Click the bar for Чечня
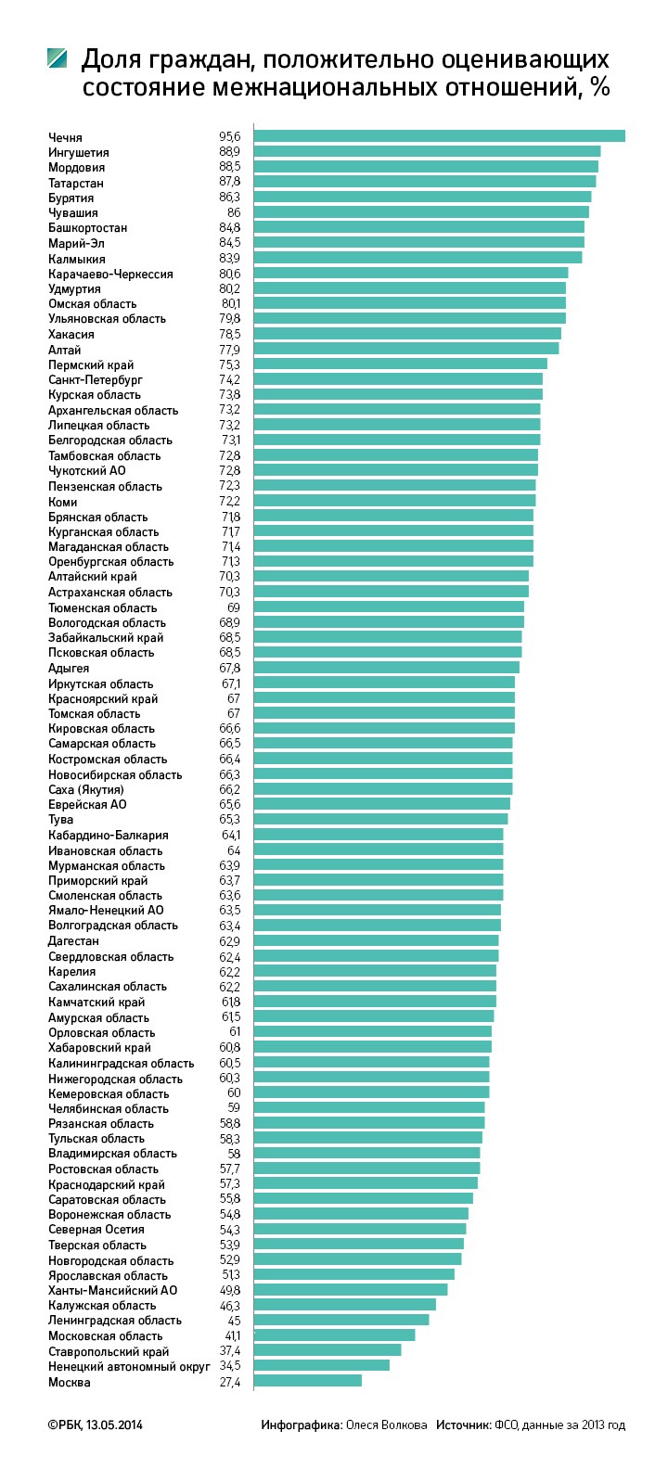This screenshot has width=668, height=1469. [439, 135]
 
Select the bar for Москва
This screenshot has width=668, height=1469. [308, 1381]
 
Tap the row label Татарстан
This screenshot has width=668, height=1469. [76, 183]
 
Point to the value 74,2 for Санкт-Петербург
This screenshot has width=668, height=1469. [230, 379]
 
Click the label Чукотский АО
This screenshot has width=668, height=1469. [86, 470]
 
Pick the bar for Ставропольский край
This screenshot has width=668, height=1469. [328, 1349]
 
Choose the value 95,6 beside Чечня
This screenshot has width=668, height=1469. [230, 136]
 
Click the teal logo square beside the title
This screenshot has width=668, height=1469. [58, 57]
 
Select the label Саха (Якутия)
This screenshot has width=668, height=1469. [86, 789]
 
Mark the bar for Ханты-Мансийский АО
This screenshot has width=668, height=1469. [351, 1289]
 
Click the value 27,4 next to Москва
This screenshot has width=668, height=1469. [230, 1382]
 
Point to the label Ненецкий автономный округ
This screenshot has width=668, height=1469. [129, 1366]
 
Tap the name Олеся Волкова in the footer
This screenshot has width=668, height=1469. [387, 1424]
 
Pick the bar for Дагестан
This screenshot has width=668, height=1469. [376, 939]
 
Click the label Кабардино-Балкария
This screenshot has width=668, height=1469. [109, 835]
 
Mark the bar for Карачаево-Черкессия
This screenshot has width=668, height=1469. [411, 272]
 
